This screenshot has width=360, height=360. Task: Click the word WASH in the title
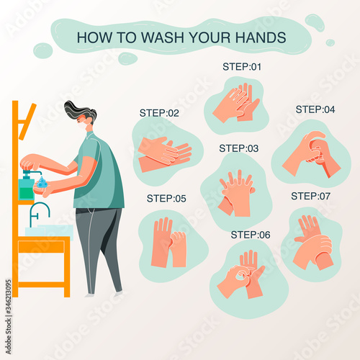tap(163, 37)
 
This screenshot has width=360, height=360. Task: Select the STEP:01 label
tap(242, 67)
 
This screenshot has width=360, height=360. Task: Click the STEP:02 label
tap(159, 113)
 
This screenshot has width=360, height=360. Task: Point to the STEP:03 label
tap(239, 148)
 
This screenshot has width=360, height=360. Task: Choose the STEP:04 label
tap(315, 109)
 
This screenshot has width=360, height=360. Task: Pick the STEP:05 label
tap(166, 199)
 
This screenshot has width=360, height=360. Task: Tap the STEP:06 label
tap(251, 235)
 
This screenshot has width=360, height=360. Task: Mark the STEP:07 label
tap(310, 196)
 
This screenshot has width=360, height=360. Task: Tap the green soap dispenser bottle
tap(27, 187)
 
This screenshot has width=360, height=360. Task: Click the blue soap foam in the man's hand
tap(42, 183)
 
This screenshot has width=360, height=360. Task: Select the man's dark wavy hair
tap(80, 111)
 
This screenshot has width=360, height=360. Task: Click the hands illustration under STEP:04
tap(311, 153)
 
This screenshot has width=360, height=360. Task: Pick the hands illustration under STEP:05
tap(168, 242)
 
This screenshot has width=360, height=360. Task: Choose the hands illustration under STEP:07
tap(313, 243)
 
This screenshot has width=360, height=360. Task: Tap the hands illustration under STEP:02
tap(165, 154)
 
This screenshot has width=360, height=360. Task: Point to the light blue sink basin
tap(49, 232)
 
